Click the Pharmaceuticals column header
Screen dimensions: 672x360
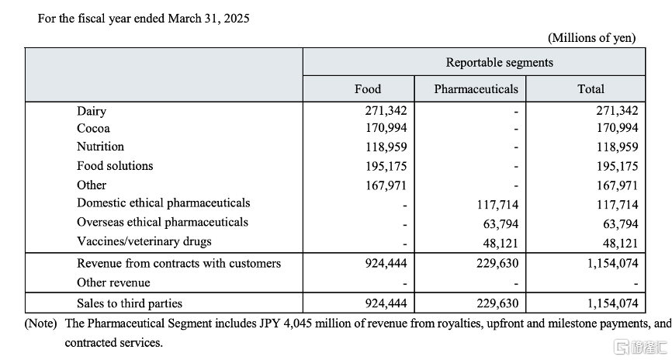click(x=476, y=89)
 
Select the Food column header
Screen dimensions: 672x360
click(x=368, y=89)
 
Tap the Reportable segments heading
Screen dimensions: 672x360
click(x=499, y=63)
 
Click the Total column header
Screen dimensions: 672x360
click(x=591, y=89)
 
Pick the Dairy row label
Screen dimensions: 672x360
click(x=92, y=112)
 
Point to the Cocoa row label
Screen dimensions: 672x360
click(x=93, y=129)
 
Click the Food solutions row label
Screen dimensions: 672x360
click(x=115, y=166)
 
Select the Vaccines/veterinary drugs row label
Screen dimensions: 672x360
click(x=144, y=242)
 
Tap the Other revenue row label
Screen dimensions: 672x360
click(x=113, y=283)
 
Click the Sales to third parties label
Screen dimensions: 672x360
click(x=130, y=303)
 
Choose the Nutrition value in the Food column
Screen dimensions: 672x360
click(x=386, y=147)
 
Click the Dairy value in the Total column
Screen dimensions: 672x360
click(x=617, y=111)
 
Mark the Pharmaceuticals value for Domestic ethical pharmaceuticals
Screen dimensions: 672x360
click(x=497, y=205)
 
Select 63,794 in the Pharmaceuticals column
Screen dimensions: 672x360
click(x=501, y=224)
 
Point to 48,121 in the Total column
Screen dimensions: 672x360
click(x=621, y=244)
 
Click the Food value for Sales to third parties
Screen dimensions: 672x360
click(x=386, y=303)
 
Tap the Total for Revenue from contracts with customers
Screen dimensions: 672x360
click(x=613, y=263)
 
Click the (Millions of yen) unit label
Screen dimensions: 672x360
click(x=592, y=38)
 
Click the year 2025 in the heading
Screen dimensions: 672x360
click(x=236, y=19)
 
